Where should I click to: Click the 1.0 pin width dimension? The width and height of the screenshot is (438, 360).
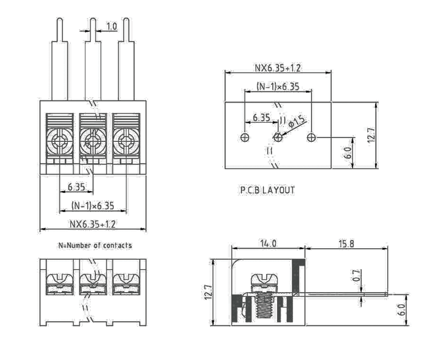pos(111,26)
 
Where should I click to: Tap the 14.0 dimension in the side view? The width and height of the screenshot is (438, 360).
pos(268,243)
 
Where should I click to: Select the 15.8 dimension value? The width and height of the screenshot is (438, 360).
pos(346,243)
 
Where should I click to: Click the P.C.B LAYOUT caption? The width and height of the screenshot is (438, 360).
pos(267,190)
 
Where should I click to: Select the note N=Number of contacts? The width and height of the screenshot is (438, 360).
pos(95,245)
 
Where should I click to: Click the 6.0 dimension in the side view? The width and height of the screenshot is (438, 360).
pos(402,310)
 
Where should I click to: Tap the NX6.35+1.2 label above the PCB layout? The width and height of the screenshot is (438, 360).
pos(278,68)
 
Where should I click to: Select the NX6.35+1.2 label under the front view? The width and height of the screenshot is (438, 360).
pos(92,224)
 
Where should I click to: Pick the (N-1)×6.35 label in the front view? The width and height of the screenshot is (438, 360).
pos(93,206)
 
